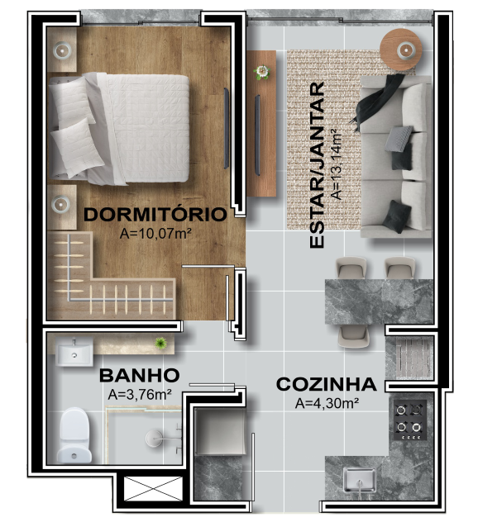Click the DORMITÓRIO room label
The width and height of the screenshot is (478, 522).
pos(155,215)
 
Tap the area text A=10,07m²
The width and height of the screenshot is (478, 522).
pos(155,234)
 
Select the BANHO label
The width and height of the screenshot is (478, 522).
pos(139,376)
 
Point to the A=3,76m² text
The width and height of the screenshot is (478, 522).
pos(140,395)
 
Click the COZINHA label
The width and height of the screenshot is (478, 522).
pos(327,385)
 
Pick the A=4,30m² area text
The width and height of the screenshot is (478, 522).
pos(327,404)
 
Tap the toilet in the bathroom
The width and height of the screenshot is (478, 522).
pos(74,435)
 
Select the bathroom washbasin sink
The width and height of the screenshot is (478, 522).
pos(74,352)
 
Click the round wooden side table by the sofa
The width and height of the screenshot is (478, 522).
pos(401,50)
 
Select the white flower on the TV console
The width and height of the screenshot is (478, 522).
pos(261,72)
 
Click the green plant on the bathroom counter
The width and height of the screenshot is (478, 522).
pos(160,343)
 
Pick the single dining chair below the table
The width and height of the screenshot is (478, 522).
pos(353,336)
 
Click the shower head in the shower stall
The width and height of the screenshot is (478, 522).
pos(154,438)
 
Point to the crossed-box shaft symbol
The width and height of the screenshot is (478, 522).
pos(153,489)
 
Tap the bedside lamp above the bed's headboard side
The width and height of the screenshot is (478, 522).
pos(62,50)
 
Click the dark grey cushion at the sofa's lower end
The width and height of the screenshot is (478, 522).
pos(397,216)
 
